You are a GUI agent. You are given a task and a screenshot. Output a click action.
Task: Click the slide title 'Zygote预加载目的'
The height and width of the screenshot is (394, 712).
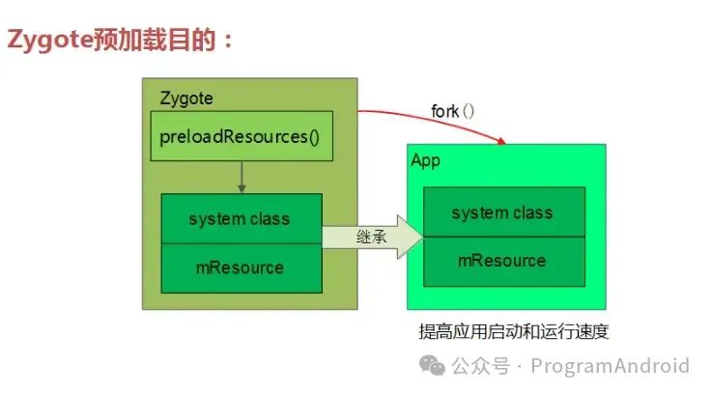[120, 40]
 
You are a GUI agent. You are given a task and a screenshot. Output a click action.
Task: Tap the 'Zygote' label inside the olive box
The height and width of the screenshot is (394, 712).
[185, 98]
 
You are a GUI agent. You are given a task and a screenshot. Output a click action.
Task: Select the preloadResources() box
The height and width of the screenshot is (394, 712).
[241, 135]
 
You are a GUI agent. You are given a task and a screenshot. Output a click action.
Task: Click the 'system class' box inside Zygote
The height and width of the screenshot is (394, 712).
[241, 218]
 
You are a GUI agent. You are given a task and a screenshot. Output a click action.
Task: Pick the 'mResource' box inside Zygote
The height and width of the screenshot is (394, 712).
[241, 267]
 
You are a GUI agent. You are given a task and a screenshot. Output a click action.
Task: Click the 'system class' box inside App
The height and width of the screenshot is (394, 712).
[502, 212]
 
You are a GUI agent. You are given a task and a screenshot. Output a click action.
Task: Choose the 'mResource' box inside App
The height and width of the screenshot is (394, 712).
[502, 261]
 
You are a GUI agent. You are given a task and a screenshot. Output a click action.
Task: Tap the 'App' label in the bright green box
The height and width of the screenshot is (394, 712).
[425, 160]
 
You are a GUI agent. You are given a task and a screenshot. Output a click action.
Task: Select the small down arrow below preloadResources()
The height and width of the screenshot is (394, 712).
[242, 178]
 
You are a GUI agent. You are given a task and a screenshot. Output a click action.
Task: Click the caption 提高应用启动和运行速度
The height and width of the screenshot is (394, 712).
[513, 332]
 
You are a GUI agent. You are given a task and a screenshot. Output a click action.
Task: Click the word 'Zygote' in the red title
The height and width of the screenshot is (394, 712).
[49, 40]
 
